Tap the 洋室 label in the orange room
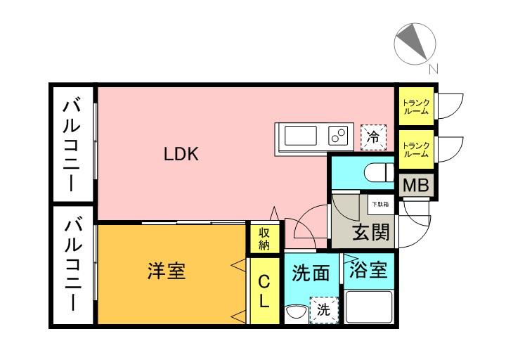tap(167, 271)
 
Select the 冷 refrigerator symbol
tap(374, 136)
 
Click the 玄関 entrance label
tap(370, 232)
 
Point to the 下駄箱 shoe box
tap(380, 205)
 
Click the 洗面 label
tap(311, 273)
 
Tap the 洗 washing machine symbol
tap(323, 309)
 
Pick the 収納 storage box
tap(264, 238)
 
